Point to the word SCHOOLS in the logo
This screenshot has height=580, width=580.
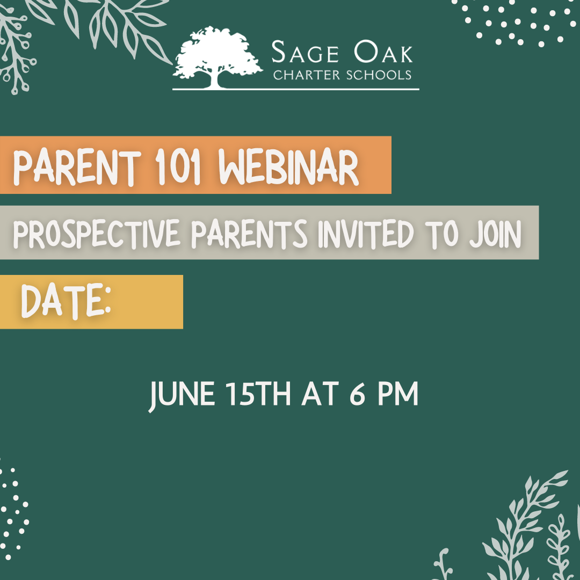[x=379, y=75]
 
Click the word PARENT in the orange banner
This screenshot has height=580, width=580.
[x=77, y=167]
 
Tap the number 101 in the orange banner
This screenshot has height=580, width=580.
[x=178, y=167]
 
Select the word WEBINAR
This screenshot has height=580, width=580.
[x=288, y=167]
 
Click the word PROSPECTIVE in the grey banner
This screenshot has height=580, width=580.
[x=97, y=234]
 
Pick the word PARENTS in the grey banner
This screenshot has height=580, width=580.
[x=249, y=234]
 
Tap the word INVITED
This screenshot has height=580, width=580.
[x=366, y=234]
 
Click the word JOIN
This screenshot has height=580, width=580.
[x=495, y=234]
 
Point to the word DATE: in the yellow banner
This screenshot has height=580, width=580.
[x=66, y=301]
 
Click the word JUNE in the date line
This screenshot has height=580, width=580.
[x=182, y=395]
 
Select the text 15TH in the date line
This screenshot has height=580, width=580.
[x=258, y=394]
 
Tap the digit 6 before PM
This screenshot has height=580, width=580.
[x=357, y=394]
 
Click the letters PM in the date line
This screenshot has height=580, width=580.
[x=398, y=394]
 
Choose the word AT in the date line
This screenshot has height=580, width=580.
[x=320, y=394]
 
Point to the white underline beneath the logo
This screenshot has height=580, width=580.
[x=296, y=89]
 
